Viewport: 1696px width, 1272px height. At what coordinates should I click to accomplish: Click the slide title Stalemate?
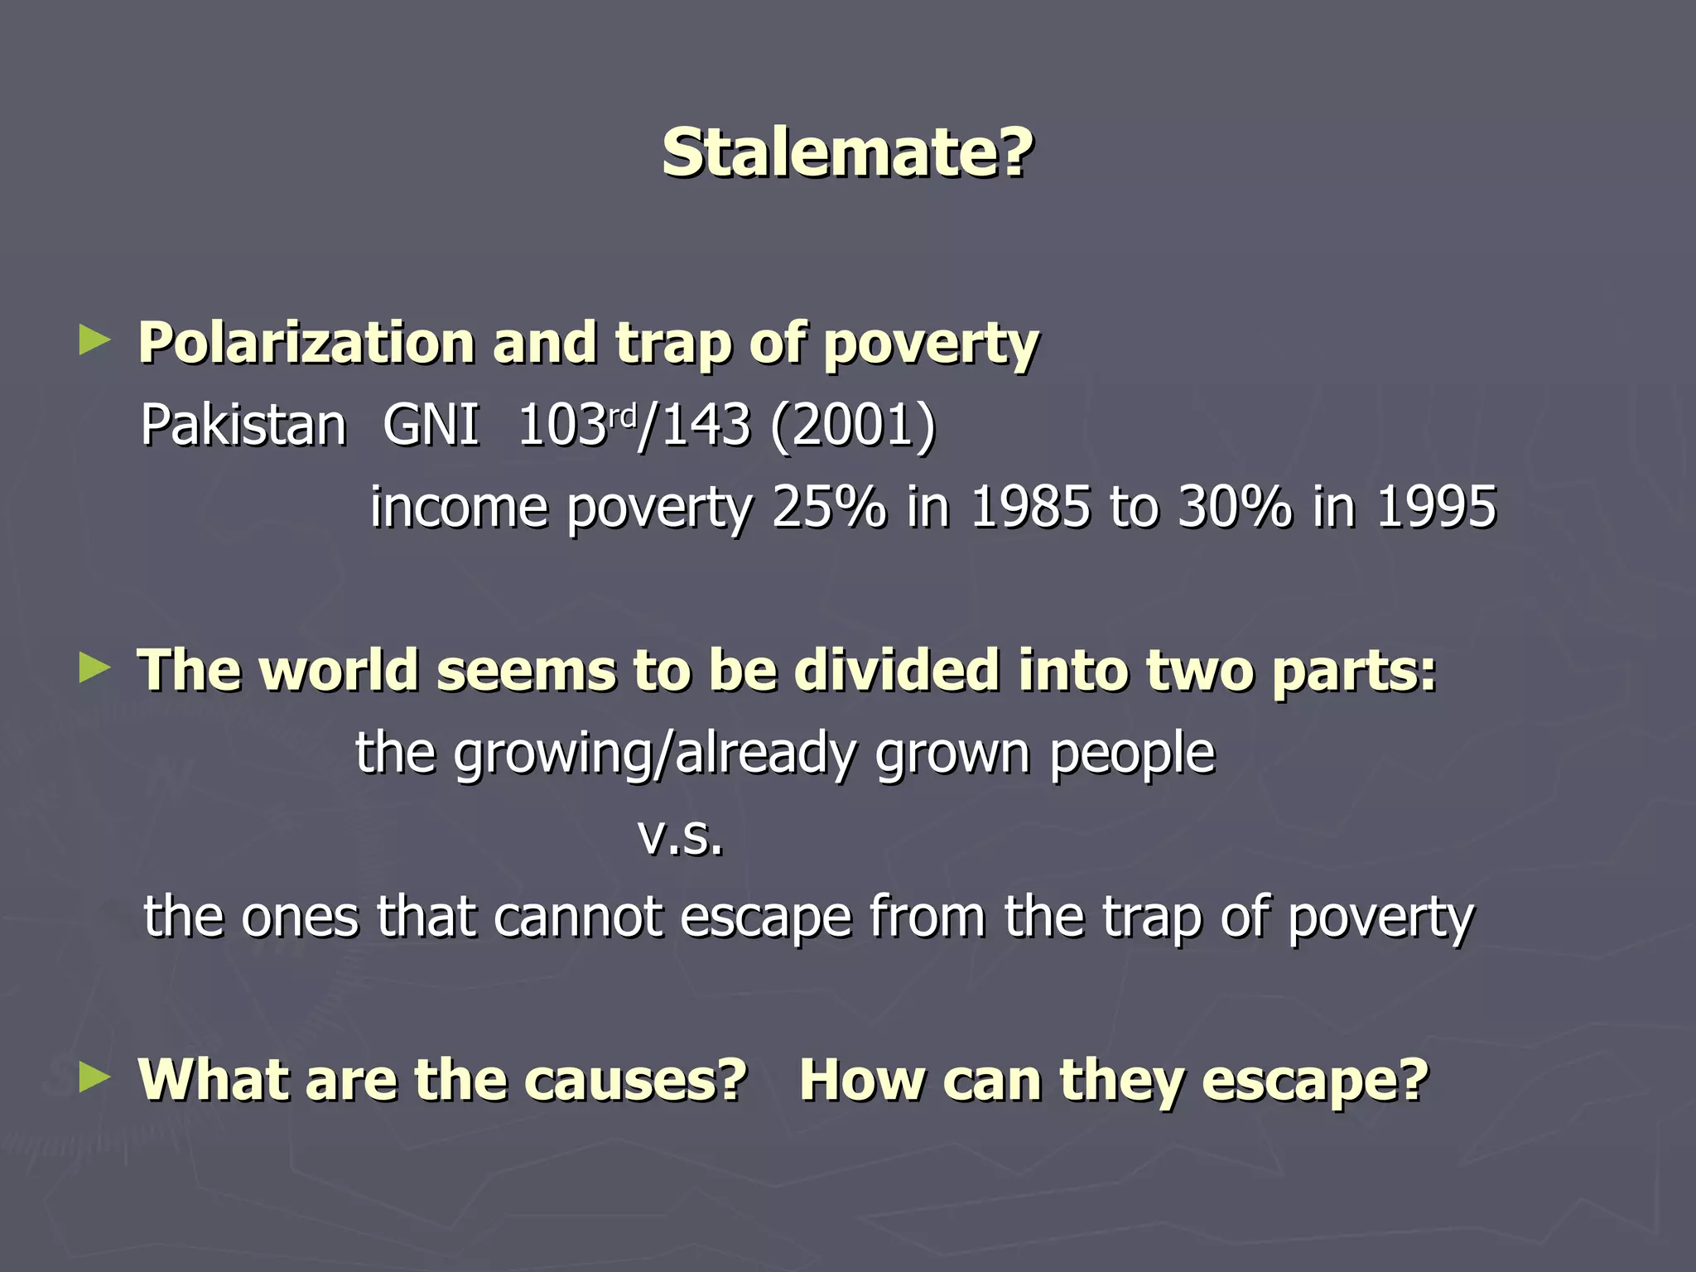[x=847, y=153]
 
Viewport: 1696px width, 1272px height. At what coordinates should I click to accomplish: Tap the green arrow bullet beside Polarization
[x=94, y=340]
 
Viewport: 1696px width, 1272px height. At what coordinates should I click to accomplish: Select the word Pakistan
[x=243, y=425]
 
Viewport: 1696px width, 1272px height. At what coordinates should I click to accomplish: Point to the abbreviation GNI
[x=431, y=425]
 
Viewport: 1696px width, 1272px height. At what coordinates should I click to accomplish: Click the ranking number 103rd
[x=576, y=425]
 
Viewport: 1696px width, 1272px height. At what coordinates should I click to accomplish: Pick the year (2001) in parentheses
[x=852, y=425]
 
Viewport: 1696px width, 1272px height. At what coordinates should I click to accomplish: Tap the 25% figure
[x=828, y=507]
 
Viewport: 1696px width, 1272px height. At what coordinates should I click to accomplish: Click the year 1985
[x=1030, y=507]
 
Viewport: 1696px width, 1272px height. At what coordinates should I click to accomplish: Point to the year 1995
[x=1436, y=507]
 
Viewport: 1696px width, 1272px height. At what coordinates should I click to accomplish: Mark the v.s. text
[x=681, y=836]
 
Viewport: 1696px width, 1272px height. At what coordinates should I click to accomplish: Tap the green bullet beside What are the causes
[x=94, y=1077]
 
